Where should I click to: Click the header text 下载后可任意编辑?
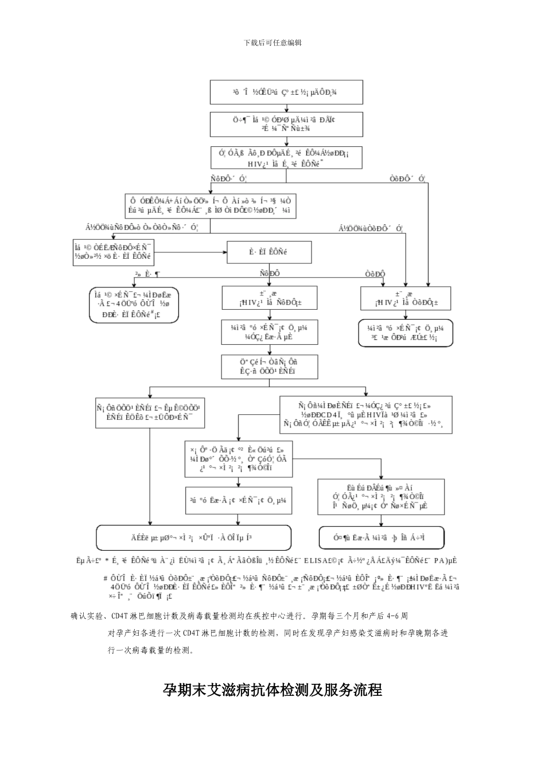click(272, 43)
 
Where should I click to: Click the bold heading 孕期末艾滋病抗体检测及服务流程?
click(272, 690)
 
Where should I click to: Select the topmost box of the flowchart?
click(286, 92)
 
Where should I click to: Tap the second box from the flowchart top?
click(286, 124)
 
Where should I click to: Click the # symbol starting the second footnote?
click(105, 578)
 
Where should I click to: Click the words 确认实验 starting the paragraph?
click(85, 616)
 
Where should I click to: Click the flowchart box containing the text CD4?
click(367, 414)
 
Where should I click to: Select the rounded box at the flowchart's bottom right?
click(381, 538)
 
